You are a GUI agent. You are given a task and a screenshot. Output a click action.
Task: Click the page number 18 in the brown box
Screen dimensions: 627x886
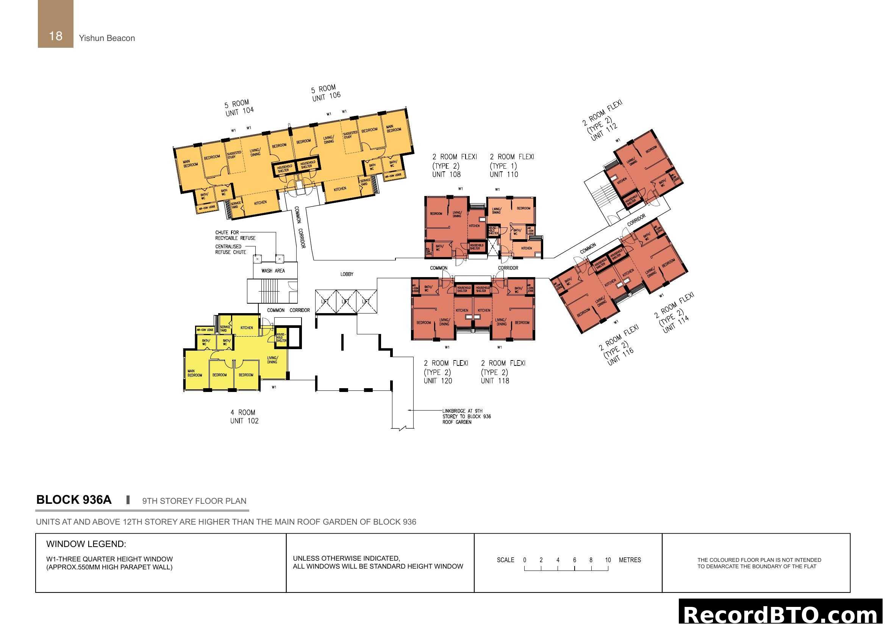56,36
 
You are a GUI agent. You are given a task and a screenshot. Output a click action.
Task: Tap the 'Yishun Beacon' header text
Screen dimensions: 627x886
107,38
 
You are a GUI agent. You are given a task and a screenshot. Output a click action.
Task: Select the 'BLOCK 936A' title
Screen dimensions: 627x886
74,500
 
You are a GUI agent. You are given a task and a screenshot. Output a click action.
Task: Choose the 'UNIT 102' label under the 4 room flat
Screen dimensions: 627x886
244,421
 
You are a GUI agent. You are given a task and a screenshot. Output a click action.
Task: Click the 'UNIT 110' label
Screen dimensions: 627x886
504,174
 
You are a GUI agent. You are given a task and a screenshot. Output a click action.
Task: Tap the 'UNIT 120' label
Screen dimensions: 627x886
438,381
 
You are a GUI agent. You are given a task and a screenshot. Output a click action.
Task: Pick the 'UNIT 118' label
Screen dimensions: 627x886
495,381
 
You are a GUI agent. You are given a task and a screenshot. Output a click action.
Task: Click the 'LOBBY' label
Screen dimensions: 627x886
347,274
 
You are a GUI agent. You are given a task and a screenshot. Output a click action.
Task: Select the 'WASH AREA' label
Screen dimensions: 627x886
273,271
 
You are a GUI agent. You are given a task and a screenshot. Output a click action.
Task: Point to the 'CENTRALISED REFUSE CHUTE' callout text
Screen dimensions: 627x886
230,249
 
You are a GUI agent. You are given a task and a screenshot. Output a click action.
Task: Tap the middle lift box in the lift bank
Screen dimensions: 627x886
345,301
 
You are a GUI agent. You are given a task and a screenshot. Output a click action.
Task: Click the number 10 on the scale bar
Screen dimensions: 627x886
608,560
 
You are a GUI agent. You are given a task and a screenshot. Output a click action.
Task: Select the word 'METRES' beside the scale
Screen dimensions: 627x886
630,560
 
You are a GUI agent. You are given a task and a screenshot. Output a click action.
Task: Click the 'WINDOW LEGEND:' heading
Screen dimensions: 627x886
86,544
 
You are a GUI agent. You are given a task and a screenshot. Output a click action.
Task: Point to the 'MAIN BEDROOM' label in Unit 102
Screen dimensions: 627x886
194,373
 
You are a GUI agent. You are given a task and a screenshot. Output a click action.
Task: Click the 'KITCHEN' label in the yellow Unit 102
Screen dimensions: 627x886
247,328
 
